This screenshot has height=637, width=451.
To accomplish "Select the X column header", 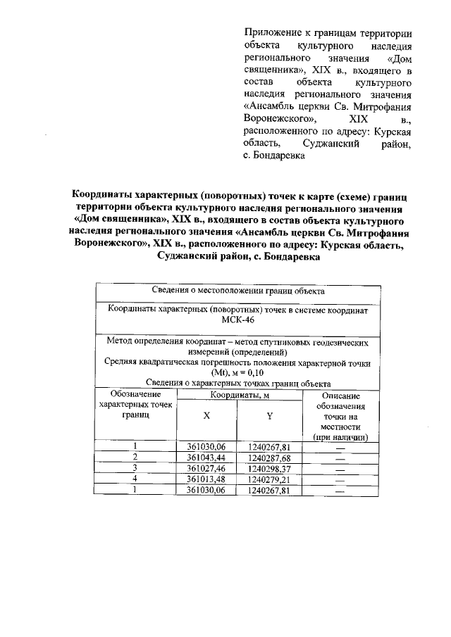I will tap(206, 415).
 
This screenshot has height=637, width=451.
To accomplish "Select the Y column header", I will tap(269, 415).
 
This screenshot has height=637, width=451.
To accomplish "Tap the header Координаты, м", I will tap(238, 396).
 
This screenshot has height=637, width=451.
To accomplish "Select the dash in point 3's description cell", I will tap(340, 469).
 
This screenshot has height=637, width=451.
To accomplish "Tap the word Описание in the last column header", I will tap(341, 396).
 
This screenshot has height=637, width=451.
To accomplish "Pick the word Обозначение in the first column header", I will tap(135, 395).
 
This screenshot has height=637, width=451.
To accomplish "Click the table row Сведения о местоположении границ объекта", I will tap(237, 291).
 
